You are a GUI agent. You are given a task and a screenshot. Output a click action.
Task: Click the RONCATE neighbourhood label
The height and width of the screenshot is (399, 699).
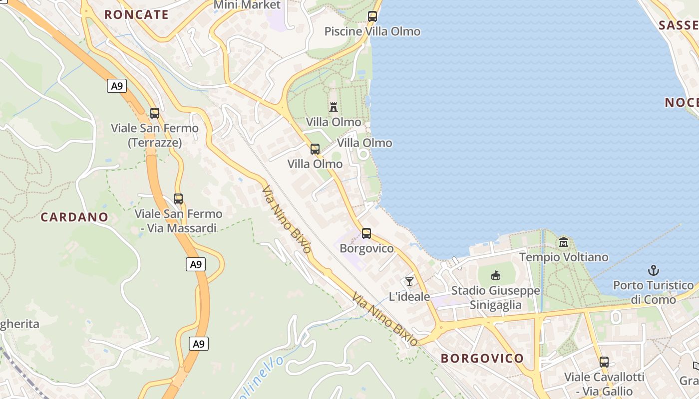tap(136, 14)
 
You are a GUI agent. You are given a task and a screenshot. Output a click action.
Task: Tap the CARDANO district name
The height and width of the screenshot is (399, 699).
tap(74, 217)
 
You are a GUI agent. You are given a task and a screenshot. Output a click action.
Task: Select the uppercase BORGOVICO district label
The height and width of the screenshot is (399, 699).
tap(482, 358)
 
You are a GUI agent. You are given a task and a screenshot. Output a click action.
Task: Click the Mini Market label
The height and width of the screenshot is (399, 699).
tap(247, 5)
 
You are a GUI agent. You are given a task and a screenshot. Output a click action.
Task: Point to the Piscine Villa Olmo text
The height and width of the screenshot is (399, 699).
tap(372, 31)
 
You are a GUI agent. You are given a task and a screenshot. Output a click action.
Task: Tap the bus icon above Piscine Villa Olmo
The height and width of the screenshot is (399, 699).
tap(372, 16)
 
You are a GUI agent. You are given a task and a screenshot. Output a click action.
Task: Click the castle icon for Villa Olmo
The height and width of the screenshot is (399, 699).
tap(334, 107)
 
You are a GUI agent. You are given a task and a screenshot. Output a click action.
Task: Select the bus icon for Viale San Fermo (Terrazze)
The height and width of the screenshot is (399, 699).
tap(155, 113)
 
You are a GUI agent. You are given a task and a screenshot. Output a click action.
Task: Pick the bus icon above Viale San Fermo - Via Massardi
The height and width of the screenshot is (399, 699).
tap(178, 199)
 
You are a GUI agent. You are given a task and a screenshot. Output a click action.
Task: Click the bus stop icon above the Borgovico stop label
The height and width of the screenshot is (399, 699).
tap(366, 233)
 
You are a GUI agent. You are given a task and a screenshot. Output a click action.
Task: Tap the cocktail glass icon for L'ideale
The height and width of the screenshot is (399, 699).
tap(409, 282)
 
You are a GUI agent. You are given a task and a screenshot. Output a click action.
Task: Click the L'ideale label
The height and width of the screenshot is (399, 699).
tap(409, 297)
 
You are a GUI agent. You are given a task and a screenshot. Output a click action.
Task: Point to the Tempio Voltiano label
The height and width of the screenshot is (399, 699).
tap(564, 257)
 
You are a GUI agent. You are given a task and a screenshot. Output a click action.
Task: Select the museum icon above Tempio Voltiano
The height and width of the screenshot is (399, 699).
tap(564, 242)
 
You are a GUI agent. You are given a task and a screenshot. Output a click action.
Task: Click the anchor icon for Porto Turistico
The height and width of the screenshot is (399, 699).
tap(654, 271)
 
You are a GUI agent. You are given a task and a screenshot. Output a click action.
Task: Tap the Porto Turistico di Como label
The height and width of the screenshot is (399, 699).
tap(654, 292)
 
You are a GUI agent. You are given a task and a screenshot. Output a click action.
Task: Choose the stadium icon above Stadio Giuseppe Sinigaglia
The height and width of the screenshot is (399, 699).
tap(496, 275)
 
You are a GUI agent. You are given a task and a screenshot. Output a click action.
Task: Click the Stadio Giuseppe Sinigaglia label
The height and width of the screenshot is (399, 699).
tap(496, 298)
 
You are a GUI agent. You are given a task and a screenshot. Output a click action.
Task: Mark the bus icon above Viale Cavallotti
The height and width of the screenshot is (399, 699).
tap(604, 362)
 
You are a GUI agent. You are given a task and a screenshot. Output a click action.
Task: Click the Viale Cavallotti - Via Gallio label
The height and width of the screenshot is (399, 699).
tap(604, 384)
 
